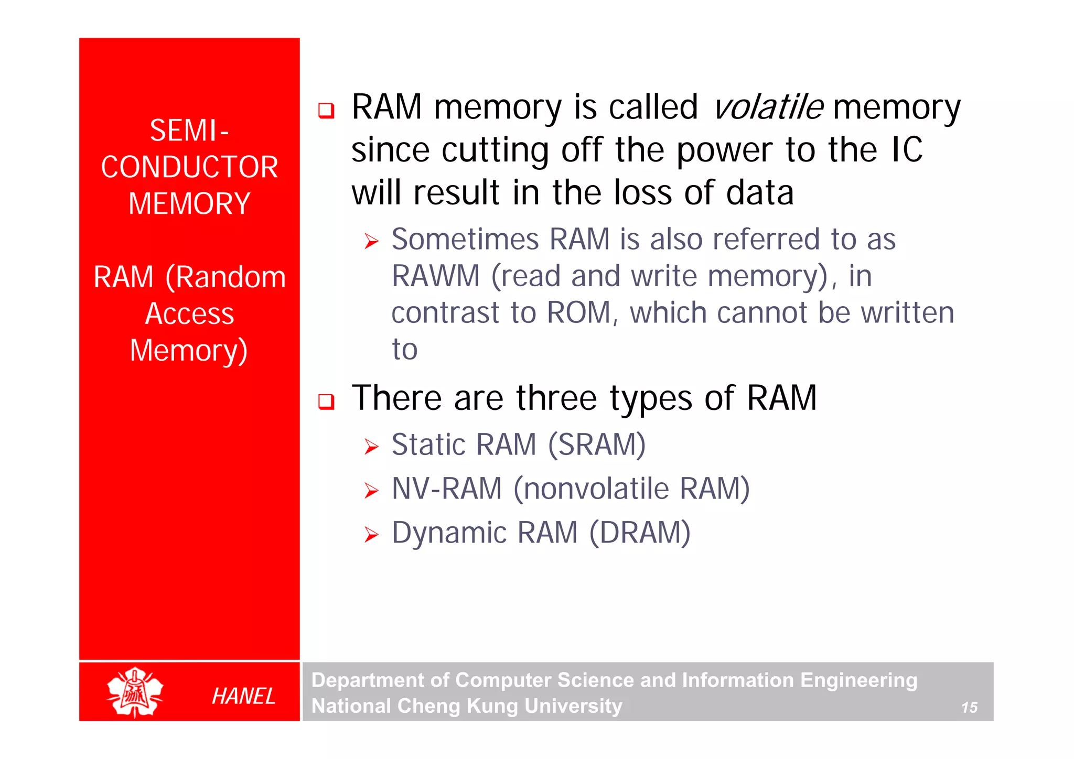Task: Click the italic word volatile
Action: click(768, 107)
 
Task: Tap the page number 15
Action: click(969, 708)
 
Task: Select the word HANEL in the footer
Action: click(243, 696)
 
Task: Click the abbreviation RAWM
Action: click(435, 276)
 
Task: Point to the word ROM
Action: click(579, 313)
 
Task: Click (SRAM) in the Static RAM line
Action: click(596, 445)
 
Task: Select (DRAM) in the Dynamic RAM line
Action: click(639, 533)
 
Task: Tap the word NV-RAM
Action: click(447, 489)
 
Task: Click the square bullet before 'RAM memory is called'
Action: click(326, 111)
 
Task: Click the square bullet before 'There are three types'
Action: click(326, 402)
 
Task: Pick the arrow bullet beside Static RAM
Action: click(371, 447)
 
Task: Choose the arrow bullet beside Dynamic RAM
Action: click(371, 535)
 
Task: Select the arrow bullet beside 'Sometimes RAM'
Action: click(371, 242)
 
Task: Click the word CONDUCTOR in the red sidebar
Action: click(189, 167)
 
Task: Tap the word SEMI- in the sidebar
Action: click(189, 131)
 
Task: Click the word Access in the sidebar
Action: click(189, 314)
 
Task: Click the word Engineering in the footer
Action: click(858, 680)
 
